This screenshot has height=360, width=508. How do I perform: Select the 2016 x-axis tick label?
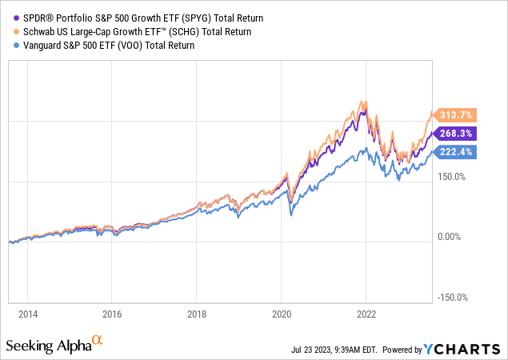point(112,314)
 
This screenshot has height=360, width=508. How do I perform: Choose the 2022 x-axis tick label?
point(366,314)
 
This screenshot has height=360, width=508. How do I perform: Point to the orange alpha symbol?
point(97,341)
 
